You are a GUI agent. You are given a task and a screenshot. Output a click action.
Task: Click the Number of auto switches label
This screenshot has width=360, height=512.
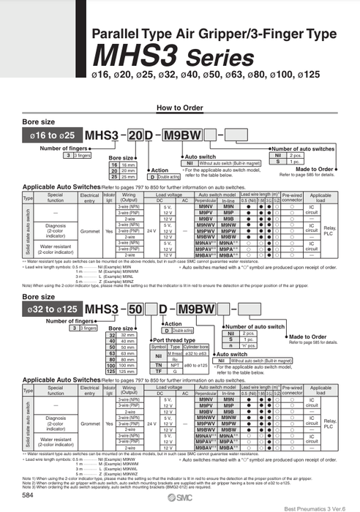[x=301, y=148]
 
